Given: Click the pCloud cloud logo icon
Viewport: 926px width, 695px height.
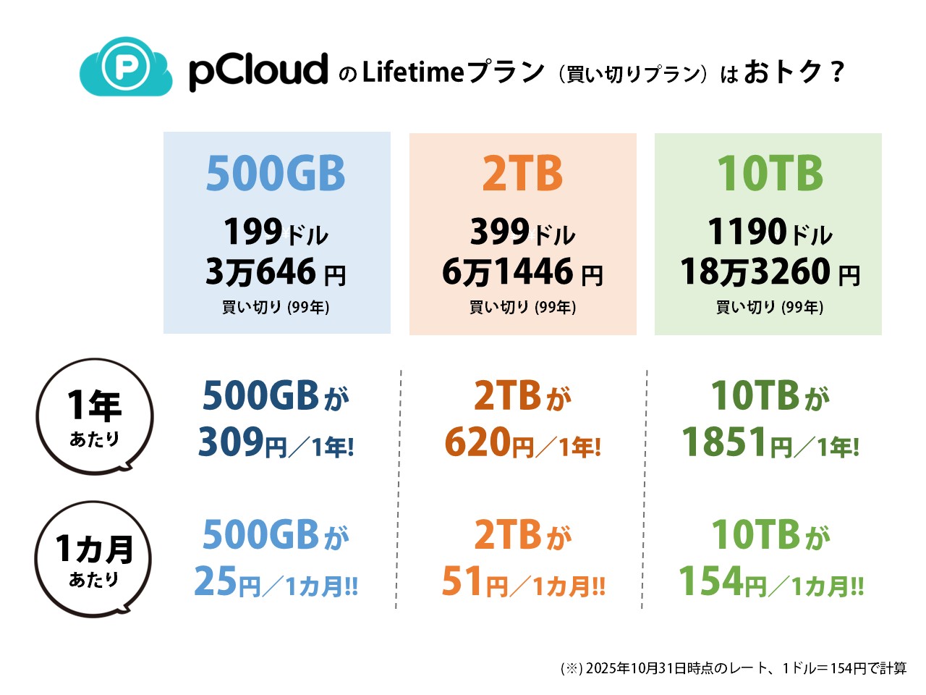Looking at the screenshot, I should (x=126, y=67).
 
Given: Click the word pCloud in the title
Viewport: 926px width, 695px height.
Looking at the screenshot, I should (x=258, y=71).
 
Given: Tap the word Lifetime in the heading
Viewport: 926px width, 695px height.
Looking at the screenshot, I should (x=412, y=72).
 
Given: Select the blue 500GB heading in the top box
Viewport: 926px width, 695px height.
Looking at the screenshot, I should (x=276, y=174).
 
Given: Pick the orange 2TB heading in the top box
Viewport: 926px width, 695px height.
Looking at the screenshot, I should (x=522, y=174).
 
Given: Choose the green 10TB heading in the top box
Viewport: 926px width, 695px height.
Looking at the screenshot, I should (x=770, y=174).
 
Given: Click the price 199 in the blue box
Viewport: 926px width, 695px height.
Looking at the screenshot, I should (x=252, y=232).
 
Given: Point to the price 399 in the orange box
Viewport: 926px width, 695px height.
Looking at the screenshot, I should (x=500, y=232).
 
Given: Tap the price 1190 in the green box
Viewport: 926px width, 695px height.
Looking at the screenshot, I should (x=747, y=232).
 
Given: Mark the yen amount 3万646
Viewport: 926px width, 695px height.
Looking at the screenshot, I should (x=261, y=272).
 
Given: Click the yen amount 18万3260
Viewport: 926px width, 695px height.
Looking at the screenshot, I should (x=755, y=272).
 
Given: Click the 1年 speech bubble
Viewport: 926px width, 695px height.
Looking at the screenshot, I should (x=95, y=416).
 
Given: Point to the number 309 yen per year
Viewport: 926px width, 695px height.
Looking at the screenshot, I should (x=231, y=442).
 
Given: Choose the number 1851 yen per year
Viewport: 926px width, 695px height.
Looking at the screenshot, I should (x=724, y=442).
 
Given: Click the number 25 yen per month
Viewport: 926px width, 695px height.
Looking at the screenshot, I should (x=216, y=581).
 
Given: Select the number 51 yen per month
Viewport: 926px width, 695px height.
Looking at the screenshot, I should (x=462, y=581).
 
